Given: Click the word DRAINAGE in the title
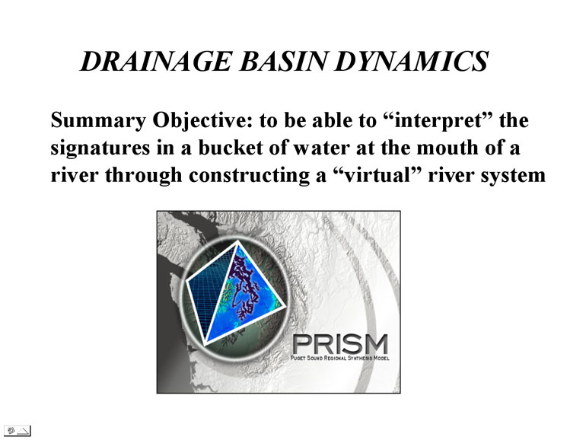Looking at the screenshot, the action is click(x=157, y=61).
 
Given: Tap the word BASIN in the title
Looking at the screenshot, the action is click(x=284, y=61).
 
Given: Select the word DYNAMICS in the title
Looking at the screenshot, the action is click(x=412, y=61).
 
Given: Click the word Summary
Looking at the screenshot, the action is click(x=98, y=121).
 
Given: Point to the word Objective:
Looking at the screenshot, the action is click(x=202, y=121).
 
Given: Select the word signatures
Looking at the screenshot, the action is click(x=100, y=148).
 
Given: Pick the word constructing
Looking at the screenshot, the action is click(x=250, y=175).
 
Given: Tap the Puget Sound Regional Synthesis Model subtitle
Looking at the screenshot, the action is click(x=340, y=358).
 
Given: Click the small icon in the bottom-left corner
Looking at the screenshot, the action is click(x=18, y=431).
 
